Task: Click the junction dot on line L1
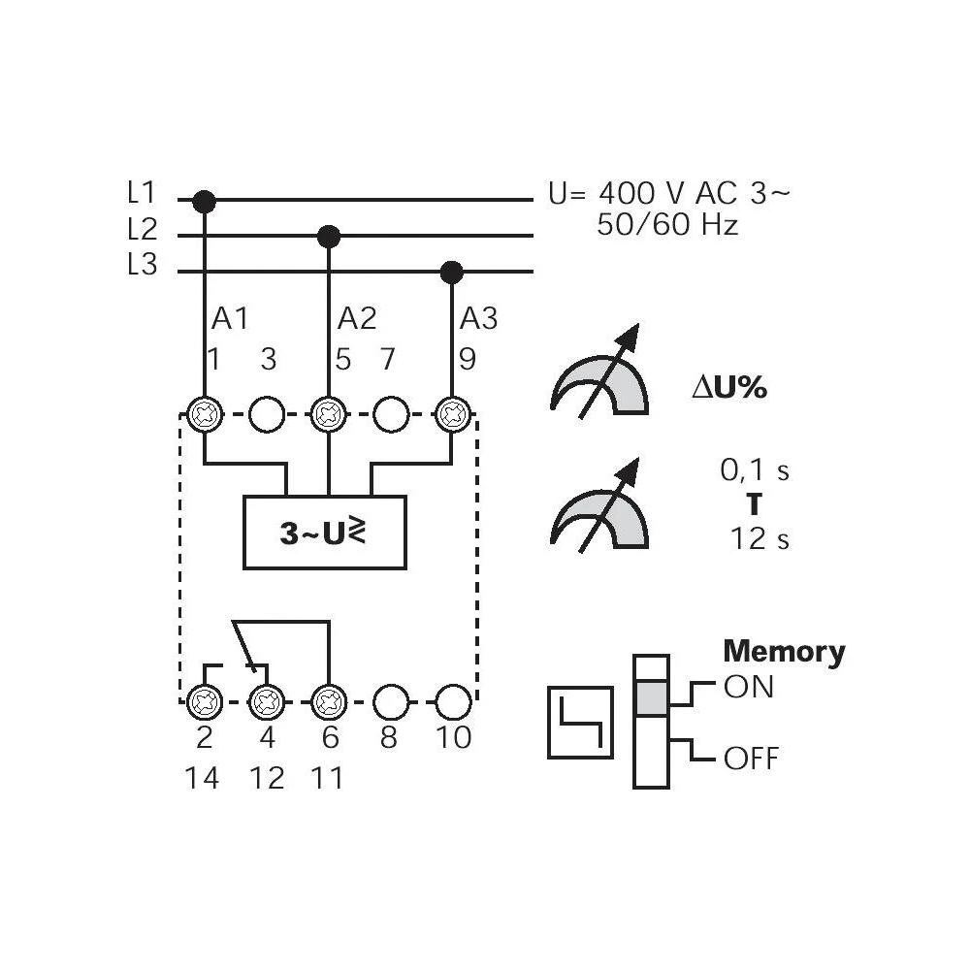(x=204, y=201)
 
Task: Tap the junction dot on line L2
(x=330, y=235)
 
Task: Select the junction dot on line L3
(x=451, y=272)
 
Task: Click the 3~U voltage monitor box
(x=325, y=532)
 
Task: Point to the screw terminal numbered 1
(x=205, y=414)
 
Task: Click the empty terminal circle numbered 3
(x=267, y=414)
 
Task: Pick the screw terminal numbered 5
(x=330, y=414)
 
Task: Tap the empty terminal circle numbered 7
(x=390, y=414)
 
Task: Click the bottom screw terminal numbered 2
(x=205, y=699)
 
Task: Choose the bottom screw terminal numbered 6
(x=330, y=699)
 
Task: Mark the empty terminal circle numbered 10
(x=452, y=699)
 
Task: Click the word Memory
(x=784, y=651)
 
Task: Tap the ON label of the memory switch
(x=749, y=688)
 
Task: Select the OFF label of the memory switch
(x=751, y=758)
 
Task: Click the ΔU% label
(x=728, y=388)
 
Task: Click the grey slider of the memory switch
(x=651, y=696)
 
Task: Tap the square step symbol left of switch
(x=581, y=722)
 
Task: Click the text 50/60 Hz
(x=668, y=226)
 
